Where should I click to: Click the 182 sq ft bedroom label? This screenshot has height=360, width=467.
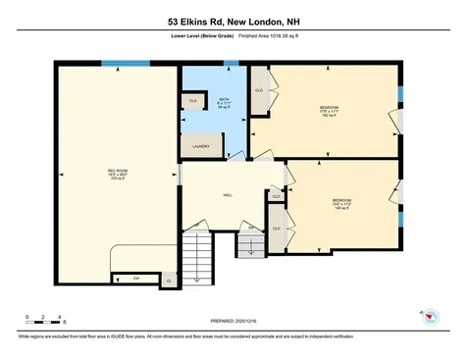pos(329,110)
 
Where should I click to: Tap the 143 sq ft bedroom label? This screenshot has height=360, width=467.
pos(340,204)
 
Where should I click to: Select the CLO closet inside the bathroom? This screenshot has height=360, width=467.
pos(193,100)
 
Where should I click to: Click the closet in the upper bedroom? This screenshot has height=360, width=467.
pos(260,91)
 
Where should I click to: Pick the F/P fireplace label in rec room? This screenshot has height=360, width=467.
pos(135,279)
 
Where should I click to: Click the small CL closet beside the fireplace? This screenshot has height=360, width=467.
pos(169,281)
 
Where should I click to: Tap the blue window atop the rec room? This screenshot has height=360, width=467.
pos(118,65)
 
